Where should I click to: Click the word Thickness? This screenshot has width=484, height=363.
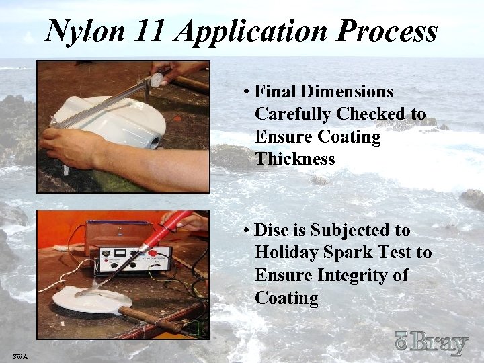[x=295, y=159]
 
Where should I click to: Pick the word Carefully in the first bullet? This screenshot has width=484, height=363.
[x=293, y=114]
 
